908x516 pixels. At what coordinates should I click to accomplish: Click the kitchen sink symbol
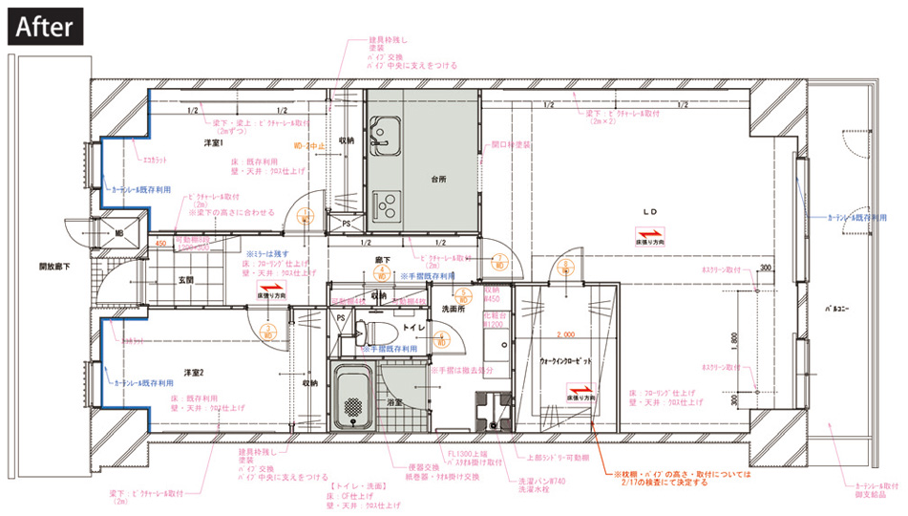[388, 133]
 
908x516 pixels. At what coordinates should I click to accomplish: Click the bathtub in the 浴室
[355, 397]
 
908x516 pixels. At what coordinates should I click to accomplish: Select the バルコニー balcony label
[837, 309]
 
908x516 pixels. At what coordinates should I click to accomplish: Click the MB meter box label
[119, 231]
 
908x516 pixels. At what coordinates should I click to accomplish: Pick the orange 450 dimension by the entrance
[161, 244]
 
